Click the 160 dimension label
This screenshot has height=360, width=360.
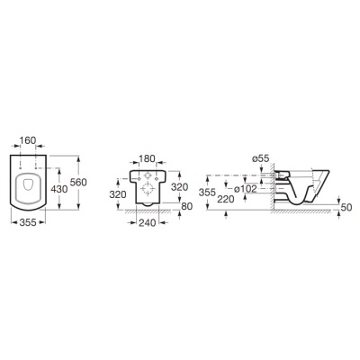28,140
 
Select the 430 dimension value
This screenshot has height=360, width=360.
59,189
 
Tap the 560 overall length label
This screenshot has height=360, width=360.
78,182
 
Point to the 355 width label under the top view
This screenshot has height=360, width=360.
28,222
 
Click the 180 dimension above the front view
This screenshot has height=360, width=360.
147,158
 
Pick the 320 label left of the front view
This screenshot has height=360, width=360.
118,194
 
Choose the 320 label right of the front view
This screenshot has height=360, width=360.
179,187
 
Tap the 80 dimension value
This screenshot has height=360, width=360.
186,206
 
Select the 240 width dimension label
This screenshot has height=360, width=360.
147,222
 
